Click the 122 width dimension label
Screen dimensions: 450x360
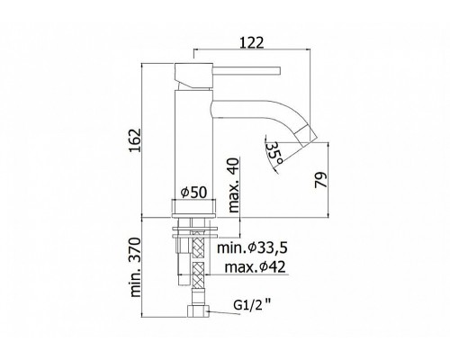click(252, 42)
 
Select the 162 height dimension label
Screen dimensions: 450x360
click(135, 140)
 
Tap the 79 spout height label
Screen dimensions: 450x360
click(320, 180)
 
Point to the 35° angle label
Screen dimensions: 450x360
click(274, 153)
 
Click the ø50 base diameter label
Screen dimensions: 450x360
click(194, 193)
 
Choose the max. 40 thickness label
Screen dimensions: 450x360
click(234, 185)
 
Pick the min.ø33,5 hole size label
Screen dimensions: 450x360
click(252, 248)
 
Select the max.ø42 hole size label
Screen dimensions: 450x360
click(255, 267)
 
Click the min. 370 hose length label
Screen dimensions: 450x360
click(135, 267)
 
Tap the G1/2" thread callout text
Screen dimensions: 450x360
click(252, 306)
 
